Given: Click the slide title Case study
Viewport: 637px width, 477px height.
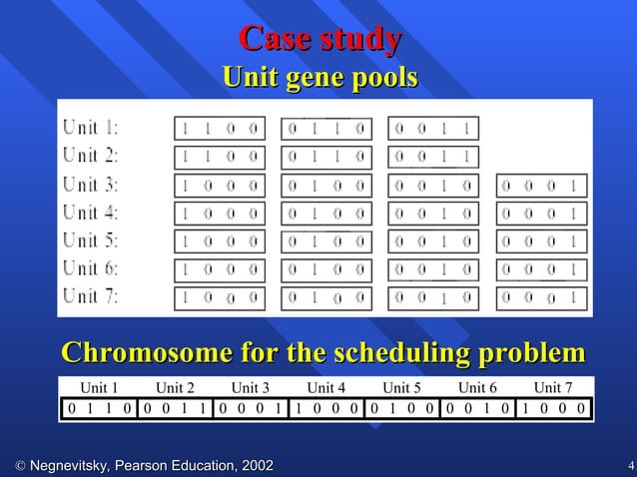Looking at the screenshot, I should click(319, 40).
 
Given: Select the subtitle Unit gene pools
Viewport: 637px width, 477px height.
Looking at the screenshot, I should click(319, 77).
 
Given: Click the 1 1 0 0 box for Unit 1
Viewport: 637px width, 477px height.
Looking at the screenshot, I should click(220, 129).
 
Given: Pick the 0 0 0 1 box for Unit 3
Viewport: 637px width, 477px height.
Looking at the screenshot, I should click(542, 186).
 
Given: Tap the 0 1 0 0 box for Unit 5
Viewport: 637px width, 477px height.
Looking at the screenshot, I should click(326, 241).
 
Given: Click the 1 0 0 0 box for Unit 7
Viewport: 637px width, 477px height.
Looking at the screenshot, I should click(220, 297).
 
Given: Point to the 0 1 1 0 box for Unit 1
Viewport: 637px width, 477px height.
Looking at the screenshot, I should click(326, 129).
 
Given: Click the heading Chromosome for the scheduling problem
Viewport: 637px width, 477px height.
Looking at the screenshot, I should click(323, 353).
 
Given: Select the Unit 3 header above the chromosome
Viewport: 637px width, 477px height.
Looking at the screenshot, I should click(251, 388).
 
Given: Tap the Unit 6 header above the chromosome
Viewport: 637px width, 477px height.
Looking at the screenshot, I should click(478, 388).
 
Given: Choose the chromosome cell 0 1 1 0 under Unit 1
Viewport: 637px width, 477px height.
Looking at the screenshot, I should click(100, 408).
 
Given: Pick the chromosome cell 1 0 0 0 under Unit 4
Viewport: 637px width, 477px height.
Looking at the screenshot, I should click(327, 408).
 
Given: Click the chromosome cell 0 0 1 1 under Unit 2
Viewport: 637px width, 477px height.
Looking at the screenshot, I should click(176, 408).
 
